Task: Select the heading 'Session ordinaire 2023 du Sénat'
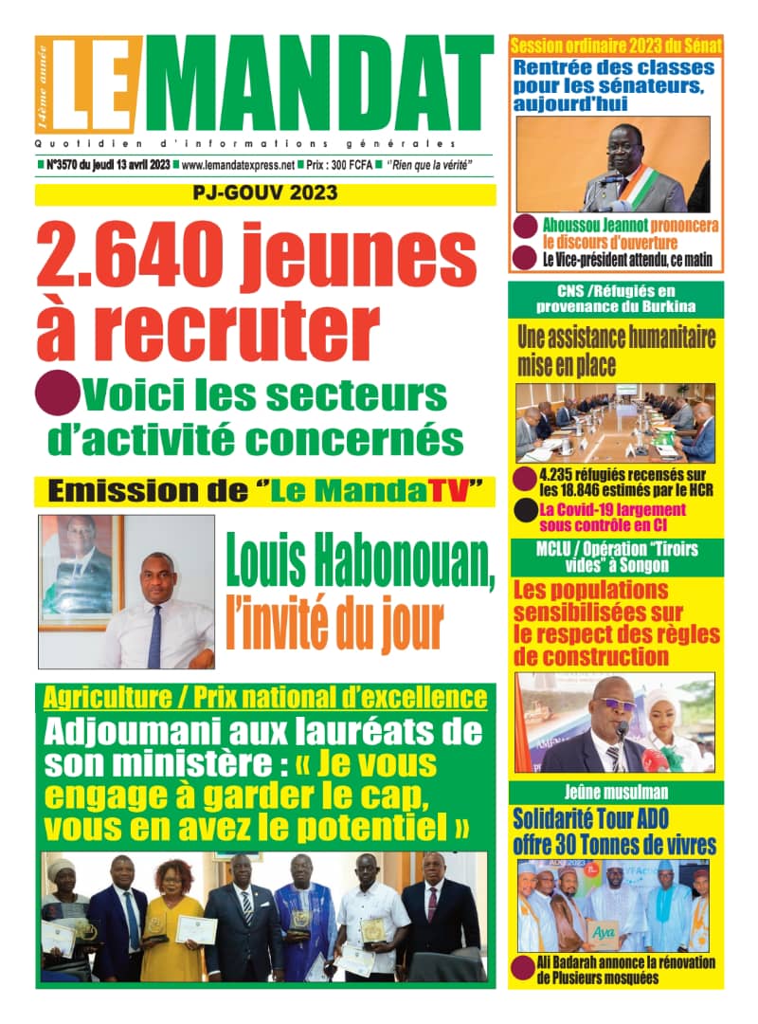(x=617, y=45)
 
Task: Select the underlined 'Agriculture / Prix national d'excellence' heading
(x=265, y=701)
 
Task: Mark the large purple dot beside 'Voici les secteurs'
(x=59, y=391)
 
